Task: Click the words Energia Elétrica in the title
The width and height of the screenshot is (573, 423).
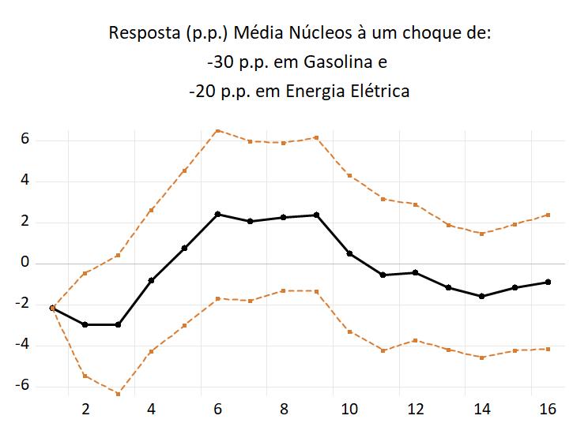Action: click(x=348, y=92)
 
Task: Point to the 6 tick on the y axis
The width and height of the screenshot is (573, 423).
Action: click(x=26, y=140)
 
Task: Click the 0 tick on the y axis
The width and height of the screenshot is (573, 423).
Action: click(x=26, y=263)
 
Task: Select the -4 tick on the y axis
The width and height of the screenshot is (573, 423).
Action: click(x=23, y=345)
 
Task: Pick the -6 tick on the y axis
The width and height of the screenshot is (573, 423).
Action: click(x=23, y=385)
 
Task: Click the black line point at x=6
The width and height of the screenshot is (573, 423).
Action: click(x=217, y=214)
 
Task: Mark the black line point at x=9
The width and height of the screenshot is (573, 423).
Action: click(x=316, y=215)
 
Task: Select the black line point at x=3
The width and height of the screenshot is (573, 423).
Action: click(x=118, y=324)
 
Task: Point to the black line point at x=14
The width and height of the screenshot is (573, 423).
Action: click(x=481, y=296)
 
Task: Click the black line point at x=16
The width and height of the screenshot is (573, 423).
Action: click(x=548, y=282)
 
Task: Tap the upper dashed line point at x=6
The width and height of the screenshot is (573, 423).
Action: click(x=217, y=130)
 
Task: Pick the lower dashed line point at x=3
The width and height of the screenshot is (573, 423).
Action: click(x=118, y=393)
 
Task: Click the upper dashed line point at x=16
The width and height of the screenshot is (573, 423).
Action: click(x=548, y=215)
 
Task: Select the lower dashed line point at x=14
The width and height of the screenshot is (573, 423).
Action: click(x=481, y=357)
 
